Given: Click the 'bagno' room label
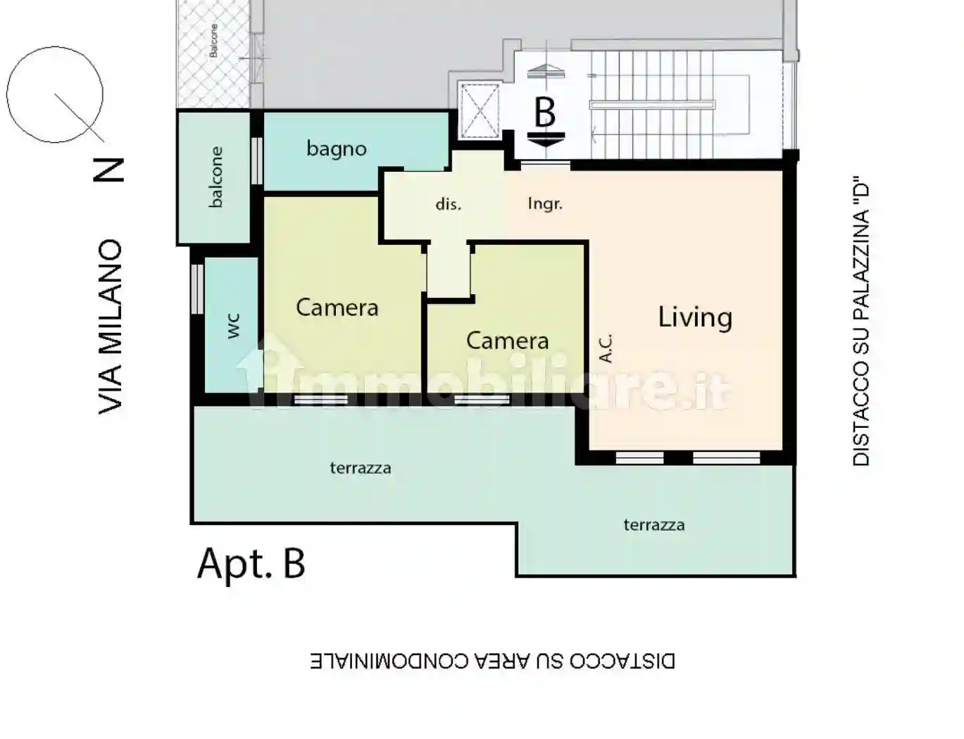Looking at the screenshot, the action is pos(337,149).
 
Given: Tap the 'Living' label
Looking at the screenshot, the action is pos(695,317).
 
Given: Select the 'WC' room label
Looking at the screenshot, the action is pos(234,327).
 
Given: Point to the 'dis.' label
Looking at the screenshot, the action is pos(449,204).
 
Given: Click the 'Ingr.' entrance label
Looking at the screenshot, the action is pos(545,203).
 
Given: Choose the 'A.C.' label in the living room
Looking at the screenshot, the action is pos(606,348).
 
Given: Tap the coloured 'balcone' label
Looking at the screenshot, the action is pos(215,177).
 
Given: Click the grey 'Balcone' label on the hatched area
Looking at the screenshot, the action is pos(213,40).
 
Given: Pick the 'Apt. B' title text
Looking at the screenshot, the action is pos(251,564).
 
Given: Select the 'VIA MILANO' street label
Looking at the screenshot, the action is pos(109,327).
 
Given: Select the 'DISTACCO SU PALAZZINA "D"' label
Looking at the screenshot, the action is pos(860,322).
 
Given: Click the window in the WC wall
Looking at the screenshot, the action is pos(197,289).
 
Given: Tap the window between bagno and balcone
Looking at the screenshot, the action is pos(257,160).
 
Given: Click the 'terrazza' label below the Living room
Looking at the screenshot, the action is pos(654,525).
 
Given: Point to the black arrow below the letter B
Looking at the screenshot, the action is pos(546,139).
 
